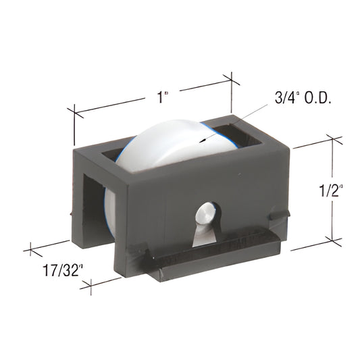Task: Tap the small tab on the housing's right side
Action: pos(276,216)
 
